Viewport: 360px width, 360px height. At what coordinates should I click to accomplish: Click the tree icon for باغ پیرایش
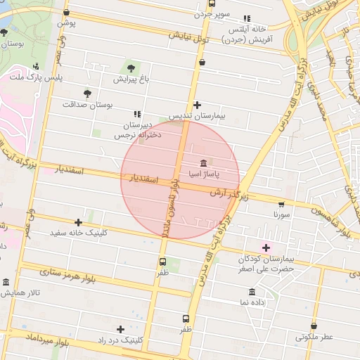pos(131,67)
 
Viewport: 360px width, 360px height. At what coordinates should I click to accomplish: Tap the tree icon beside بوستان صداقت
pos(87,93)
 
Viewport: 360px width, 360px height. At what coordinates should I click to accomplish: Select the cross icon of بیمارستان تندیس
pos(197,104)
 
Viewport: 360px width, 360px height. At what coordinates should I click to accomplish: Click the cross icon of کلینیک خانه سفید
pos(77,222)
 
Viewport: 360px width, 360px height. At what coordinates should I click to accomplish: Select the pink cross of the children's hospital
pos(266,247)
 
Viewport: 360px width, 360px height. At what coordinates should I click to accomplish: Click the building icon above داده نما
pos(252,292)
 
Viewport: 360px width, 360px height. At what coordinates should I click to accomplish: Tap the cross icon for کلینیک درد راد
pos(120,328)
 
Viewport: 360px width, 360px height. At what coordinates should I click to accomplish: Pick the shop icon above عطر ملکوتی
pos(314,326)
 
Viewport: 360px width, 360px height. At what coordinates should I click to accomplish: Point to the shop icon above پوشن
pos(66,12)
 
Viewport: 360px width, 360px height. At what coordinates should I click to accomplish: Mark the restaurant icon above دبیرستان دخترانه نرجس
pos(136,113)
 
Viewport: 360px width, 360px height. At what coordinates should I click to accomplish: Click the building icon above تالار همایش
pos(6,282)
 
